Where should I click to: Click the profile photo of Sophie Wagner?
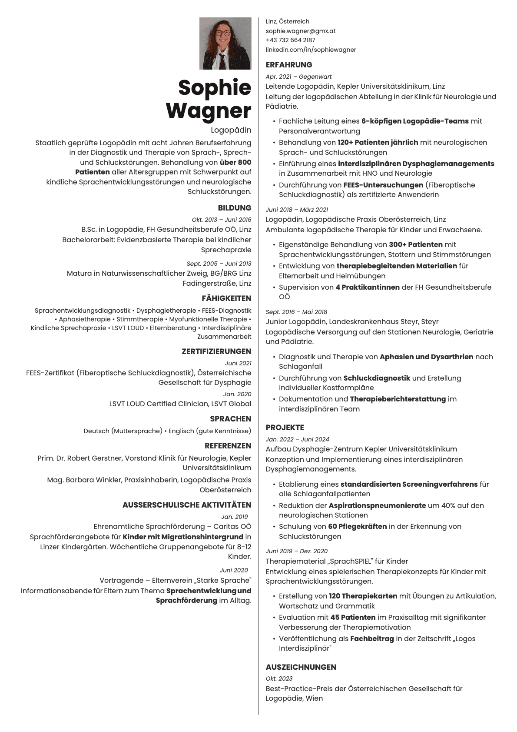[225, 43]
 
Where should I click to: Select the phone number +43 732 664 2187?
[290, 40]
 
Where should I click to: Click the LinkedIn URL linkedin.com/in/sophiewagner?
[311, 50]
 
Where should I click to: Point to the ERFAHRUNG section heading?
[288, 65]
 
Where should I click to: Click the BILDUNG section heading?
[234, 208]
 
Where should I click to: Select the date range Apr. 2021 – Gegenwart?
[298, 77]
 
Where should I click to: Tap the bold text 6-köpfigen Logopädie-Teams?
[414, 121]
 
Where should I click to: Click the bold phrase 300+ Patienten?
[415, 245]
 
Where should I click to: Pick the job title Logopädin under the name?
[231, 130]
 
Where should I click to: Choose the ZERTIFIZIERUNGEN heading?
[216, 351]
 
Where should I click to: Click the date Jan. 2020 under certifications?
[237, 394]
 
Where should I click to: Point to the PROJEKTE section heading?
[285, 428]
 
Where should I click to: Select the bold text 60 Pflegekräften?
[357, 527]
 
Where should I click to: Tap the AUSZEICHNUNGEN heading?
[301, 667]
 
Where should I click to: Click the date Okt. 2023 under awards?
[279, 679]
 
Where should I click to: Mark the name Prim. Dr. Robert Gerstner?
[80, 458]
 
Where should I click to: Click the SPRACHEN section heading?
[230, 419]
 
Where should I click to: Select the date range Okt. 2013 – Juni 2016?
[221, 220]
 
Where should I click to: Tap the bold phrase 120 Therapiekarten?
[363, 596]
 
